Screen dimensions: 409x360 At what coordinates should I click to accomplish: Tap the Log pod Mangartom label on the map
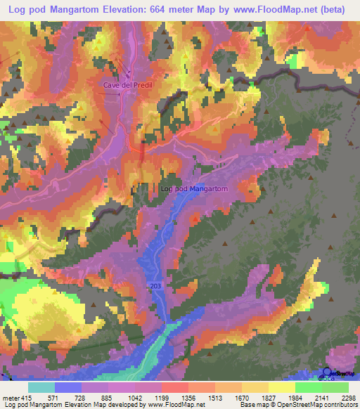(195, 189)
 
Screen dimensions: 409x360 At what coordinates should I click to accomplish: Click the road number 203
(155, 286)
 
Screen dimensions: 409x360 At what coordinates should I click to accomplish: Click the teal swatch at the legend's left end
(41, 388)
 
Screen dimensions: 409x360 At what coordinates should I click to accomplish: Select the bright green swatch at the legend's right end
(335, 388)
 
